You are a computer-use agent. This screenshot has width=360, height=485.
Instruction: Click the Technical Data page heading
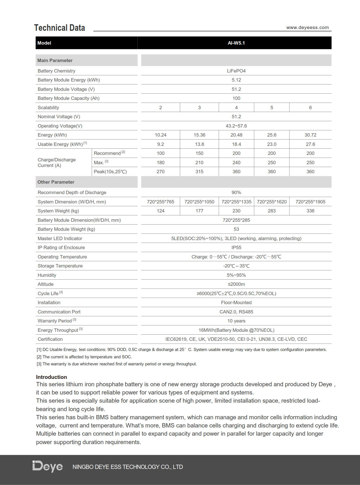60,28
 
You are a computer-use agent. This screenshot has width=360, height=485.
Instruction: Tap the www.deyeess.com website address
307,27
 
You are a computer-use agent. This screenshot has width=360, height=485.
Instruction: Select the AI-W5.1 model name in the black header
236,43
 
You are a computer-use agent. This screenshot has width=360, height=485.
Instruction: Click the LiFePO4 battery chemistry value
236,71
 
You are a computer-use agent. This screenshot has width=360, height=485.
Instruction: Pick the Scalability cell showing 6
310,107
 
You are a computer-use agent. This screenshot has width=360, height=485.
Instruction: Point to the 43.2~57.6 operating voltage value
236,126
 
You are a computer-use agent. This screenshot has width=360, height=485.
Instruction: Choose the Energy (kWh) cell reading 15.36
199,135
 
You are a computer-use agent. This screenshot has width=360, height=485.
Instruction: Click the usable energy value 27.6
310,144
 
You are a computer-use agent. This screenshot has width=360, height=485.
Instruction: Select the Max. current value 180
160,163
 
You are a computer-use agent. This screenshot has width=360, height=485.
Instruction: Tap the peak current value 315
199,172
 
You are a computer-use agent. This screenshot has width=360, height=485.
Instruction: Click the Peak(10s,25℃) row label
110,172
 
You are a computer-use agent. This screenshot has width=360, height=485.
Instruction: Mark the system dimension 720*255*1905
310,202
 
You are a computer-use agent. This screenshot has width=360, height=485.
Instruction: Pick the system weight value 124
160,211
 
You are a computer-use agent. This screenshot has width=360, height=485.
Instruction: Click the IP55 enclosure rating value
236,247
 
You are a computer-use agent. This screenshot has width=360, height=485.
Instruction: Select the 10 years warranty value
236,321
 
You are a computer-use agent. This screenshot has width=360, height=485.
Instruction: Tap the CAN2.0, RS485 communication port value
236,312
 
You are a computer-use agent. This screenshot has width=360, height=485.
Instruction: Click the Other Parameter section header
56,182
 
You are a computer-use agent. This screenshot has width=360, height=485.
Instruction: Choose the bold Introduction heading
51,377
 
